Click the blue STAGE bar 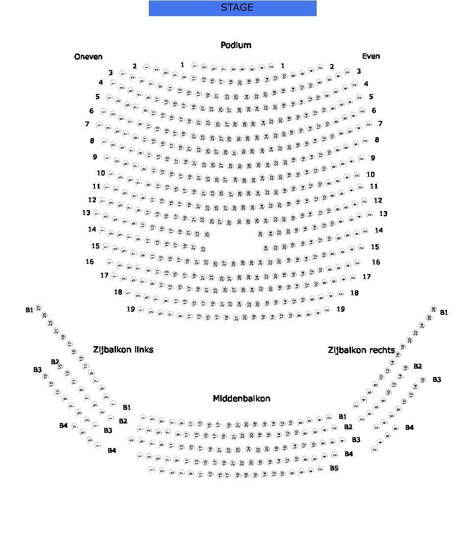pos(232,8)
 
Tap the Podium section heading pos(236,46)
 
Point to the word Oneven pos(89,57)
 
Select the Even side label pos(371,56)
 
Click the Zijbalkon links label pos(123,350)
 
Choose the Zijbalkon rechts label pos(361,350)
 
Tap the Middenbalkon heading pos(241,398)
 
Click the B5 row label pos(334,468)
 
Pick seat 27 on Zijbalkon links pos(39,308)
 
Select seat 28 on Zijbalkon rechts pos(433,309)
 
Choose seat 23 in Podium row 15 pos(203,249)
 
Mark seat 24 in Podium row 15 pos(266,248)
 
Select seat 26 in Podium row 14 pos(260,234)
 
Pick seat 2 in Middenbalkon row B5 pos(320,469)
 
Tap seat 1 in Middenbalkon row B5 pos(151,469)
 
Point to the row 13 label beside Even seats pos(383,214)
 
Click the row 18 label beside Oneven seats pos(118,292)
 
